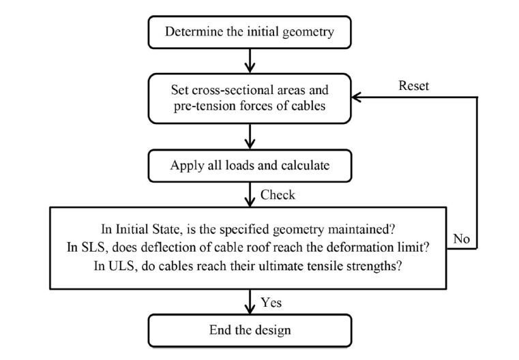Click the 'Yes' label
pos(272,301)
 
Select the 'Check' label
pos(278,195)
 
